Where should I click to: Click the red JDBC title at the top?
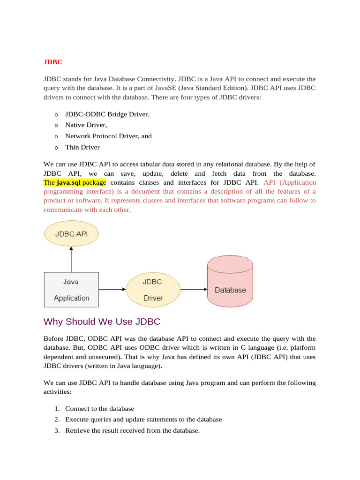[53, 62]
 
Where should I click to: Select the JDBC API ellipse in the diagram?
[71, 233]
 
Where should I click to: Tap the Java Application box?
[71, 290]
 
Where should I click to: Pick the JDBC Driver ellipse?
[153, 290]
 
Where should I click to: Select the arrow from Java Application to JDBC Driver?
[112, 290]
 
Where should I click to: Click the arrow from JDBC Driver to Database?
[194, 290]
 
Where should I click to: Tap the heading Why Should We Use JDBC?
[102, 322]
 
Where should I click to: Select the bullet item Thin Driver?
[82, 147]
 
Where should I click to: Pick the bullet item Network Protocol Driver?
[108, 136]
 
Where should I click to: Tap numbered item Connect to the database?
[99, 408]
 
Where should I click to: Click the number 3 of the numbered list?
[56, 430]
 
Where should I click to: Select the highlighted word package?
[94, 182]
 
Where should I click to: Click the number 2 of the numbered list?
[56, 419]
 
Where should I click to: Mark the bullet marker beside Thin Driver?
[56, 148]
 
